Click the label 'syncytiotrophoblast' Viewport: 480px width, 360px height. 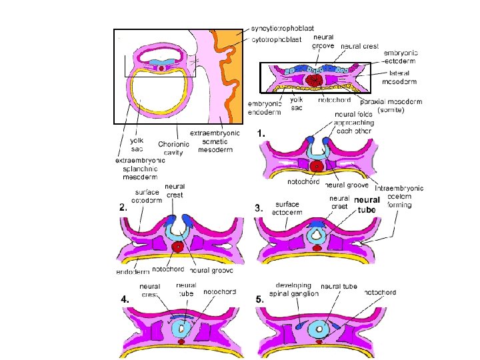pyautogui.click(x=283, y=30)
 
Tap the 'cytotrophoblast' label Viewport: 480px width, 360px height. pyautogui.click(x=277, y=39)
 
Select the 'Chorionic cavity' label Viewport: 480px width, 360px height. pyautogui.click(x=173, y=148)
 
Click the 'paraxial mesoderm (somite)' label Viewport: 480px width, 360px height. pyautogui.click(x=391, y=106)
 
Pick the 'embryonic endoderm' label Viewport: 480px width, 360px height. pyautogui.click(x=265, y=107)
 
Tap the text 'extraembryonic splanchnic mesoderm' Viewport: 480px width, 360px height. pyautogui.click(x=141, y=169)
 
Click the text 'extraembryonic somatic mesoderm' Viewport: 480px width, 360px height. pyautogui.click(x=215, y=141)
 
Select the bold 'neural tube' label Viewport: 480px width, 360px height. pyautogui.click(x=367, y=205)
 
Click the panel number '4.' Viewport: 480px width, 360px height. pyautogui.click(x=125, y=300)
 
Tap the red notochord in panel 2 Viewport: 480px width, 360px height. pyautogui.click(x=177, y=247)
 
